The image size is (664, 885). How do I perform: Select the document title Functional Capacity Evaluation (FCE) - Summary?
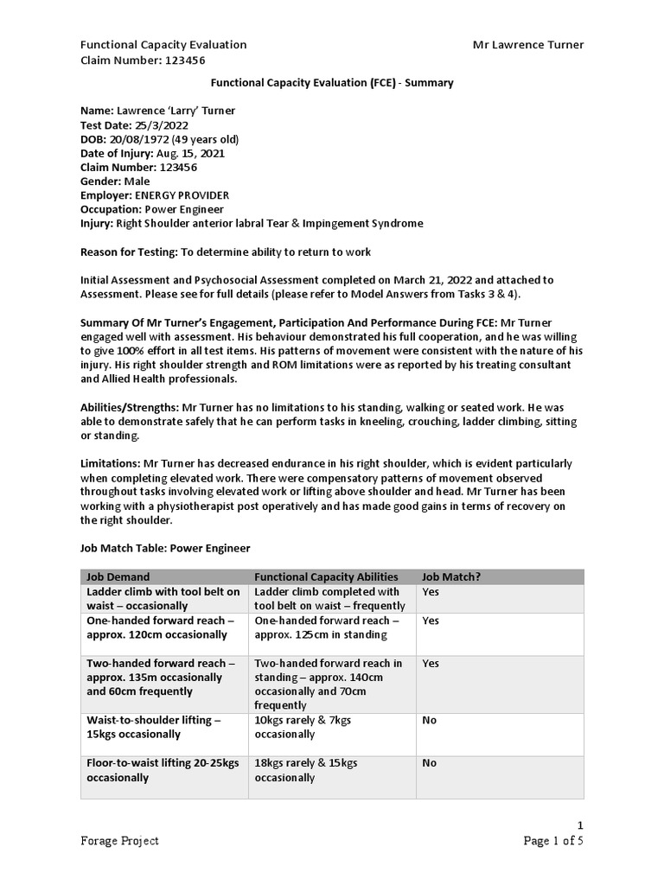(333, 83)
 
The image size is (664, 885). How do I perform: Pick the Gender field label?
(100, 181)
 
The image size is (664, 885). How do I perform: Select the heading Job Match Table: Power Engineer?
(165, 549)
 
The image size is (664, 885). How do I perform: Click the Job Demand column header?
(118, 577)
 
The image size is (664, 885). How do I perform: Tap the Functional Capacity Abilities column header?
(326, 577)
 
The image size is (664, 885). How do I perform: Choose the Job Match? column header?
(450, 577)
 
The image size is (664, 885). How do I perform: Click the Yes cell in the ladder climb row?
(431, 592)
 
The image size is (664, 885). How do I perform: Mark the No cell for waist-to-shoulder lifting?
(430, 720)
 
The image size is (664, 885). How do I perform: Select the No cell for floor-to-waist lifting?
(430, 763)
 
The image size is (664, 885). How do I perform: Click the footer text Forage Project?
(119, 841)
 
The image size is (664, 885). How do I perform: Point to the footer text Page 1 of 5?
(553, 841)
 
